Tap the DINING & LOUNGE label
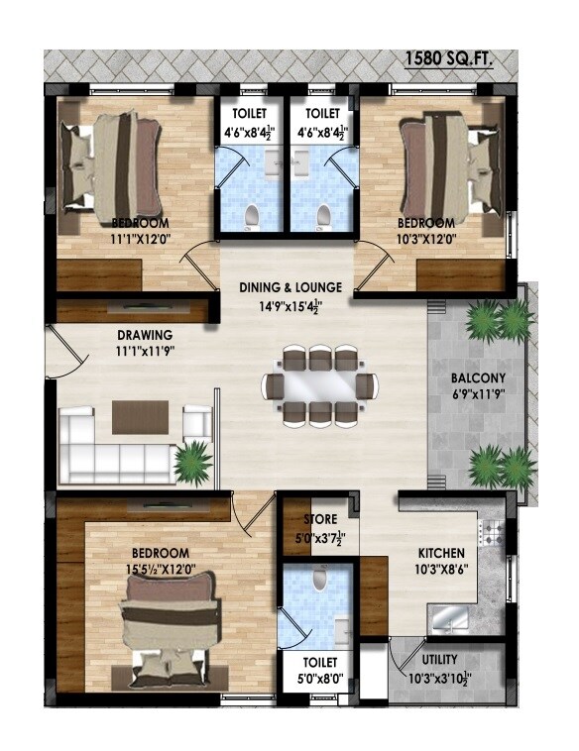tap(290, 287)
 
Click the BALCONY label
tap(478, 378)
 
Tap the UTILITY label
tap(439, 659)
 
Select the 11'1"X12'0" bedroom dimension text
tap(140, 238)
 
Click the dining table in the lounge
tap(319, 386)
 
